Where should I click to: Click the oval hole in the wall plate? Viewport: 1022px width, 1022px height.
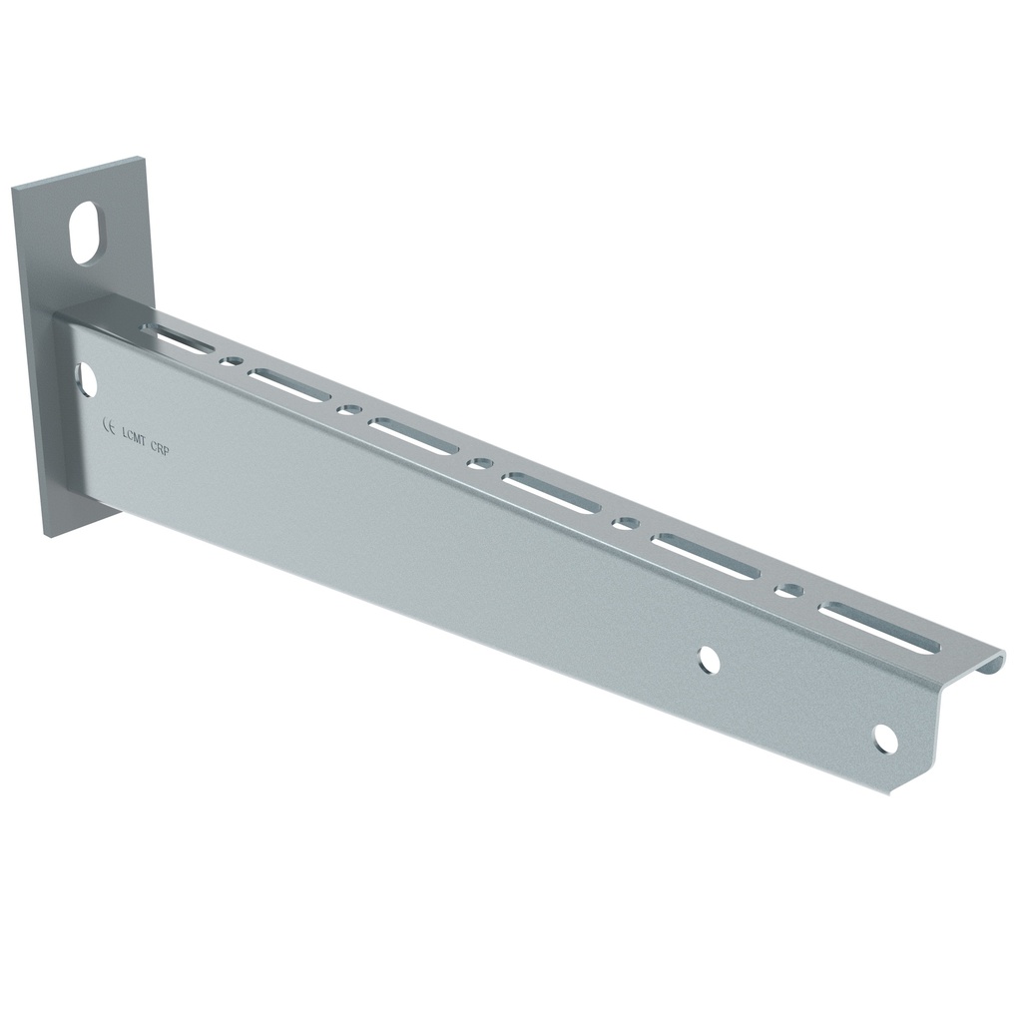coord(87,233)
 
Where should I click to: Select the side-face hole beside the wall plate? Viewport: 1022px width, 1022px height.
coord(86,379)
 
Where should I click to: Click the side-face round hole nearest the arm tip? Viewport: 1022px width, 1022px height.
coord(884,739)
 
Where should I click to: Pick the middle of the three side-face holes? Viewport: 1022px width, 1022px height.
coord(709,659)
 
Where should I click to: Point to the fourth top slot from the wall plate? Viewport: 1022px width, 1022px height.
coord(551,492)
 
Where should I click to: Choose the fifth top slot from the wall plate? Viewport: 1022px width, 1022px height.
coord(706,556)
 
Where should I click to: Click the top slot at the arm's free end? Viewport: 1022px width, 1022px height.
coord(878,627)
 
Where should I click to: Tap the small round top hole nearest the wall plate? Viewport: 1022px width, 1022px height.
coord(232,360)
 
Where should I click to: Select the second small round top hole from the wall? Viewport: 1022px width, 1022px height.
coord(348,409)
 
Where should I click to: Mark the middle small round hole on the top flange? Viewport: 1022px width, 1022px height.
coord(480,463)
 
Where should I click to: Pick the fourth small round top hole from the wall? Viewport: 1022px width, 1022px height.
coord(627,523)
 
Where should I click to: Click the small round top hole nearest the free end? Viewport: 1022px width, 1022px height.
coord(789,590)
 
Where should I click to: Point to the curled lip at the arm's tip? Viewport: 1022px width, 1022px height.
coord(990,661)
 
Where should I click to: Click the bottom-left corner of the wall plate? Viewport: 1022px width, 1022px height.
coord(47,533)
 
